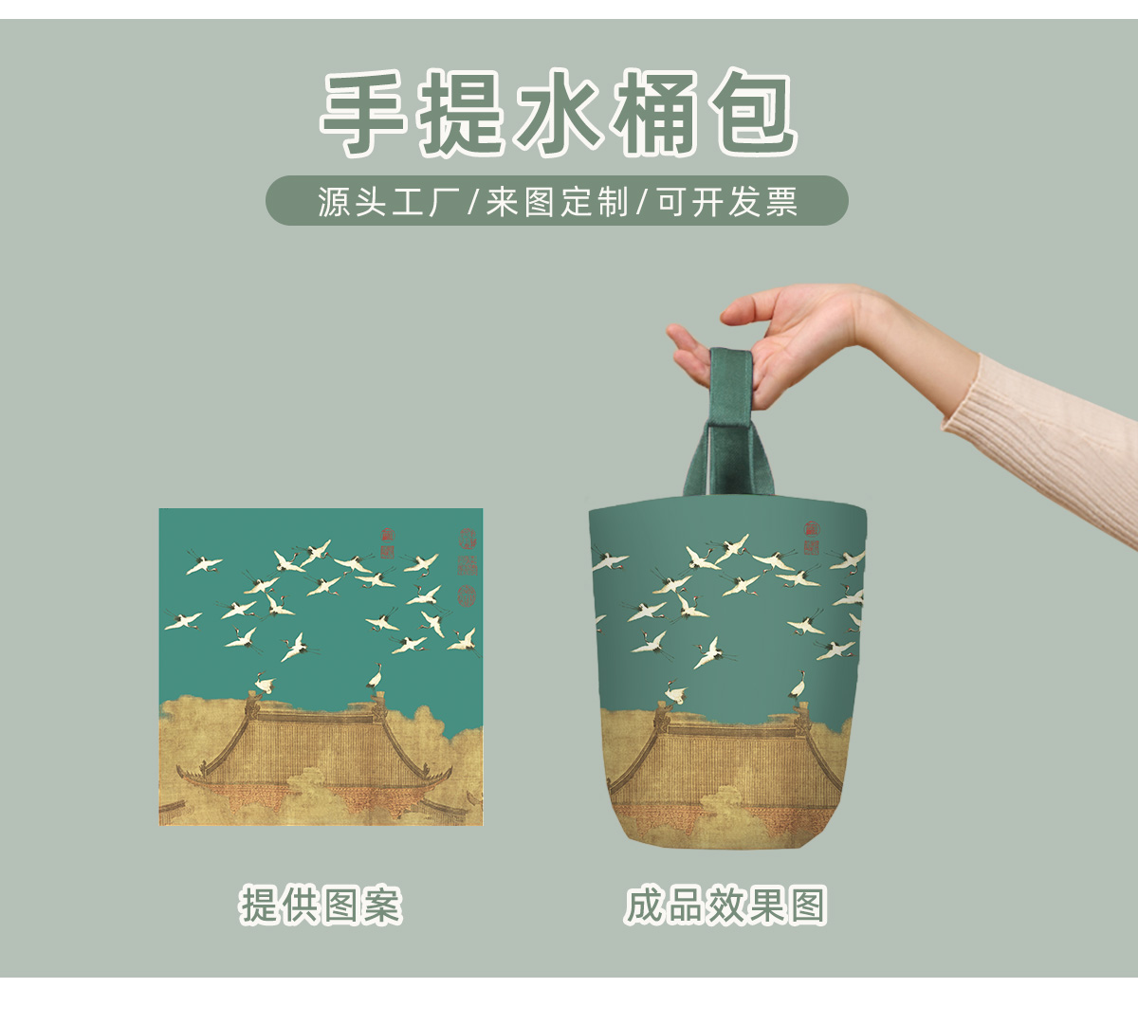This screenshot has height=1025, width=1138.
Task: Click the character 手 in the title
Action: click(x=365, y=113)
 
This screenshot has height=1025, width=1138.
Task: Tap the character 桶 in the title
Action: click(x=654, y=113)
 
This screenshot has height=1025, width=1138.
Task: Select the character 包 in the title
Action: click(x=749, y=113)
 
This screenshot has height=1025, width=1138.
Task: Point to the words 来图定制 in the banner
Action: click(x=557, y=201)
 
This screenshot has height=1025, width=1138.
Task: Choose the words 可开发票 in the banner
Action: click(x=727, y=201)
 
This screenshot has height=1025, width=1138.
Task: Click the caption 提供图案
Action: click(x=321, y=906)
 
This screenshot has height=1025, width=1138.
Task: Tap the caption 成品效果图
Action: click(x=725, y=906)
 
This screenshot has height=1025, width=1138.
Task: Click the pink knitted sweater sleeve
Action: click(x=1043, y=436)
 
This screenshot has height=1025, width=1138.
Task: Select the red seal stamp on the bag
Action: click(x=812, y=537)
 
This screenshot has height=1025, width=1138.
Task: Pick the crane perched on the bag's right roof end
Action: click(x=798, y=685)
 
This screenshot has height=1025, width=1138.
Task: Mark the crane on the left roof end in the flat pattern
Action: click(x=263, y=686)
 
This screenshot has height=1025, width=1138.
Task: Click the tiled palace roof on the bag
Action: click(x=725, y=759)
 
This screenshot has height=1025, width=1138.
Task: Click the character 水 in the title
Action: click(x=558, y=113)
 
